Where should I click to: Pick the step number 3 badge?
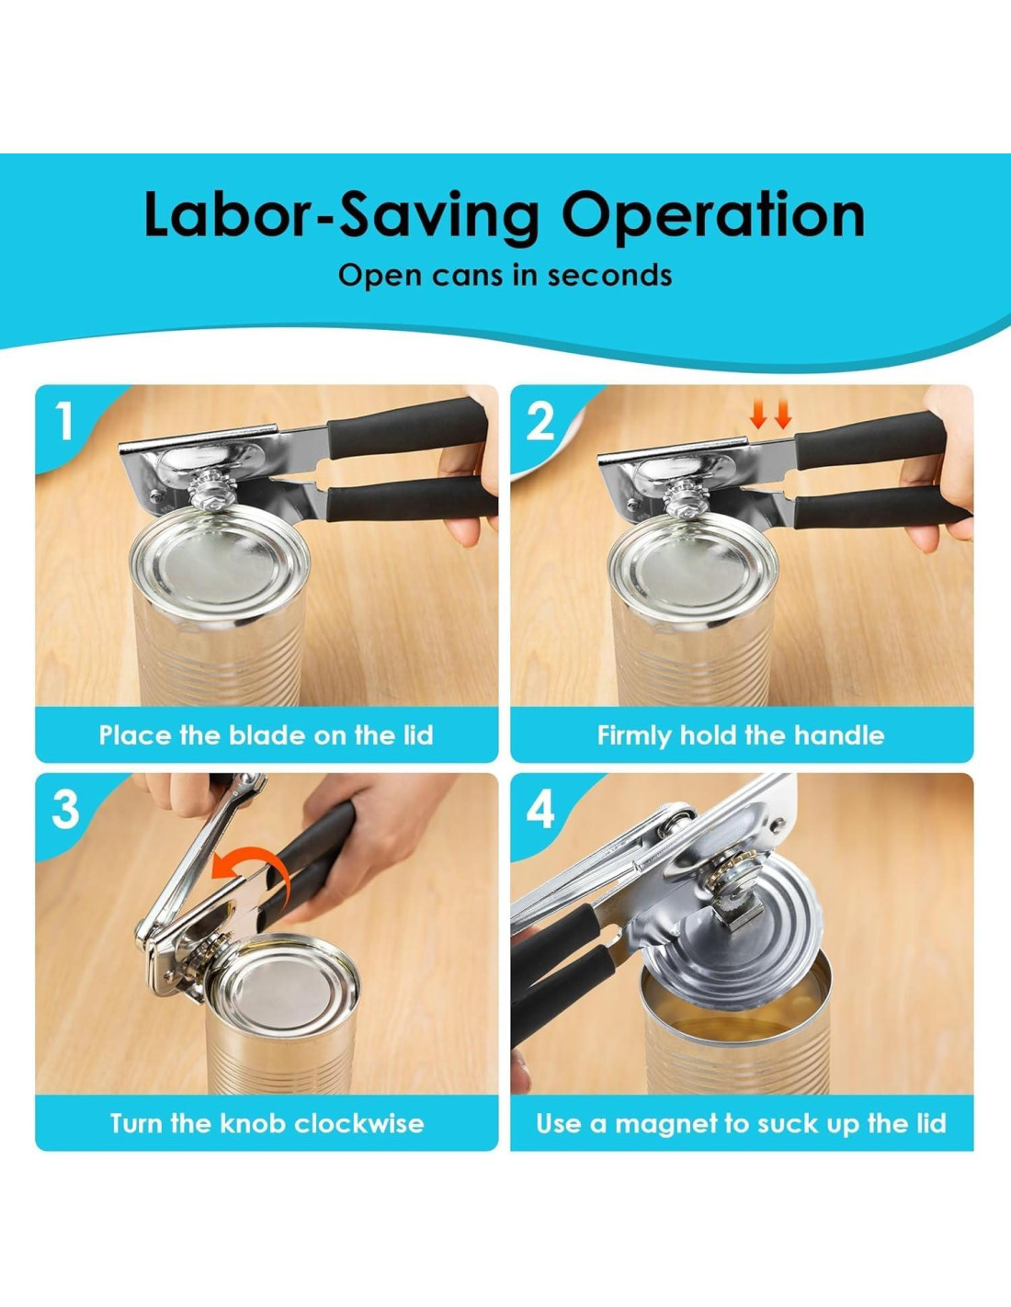click(x=65, y=809)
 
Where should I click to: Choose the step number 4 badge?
click(x=540, y=809)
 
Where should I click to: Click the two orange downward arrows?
click(x=770, y=415)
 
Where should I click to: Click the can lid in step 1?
click(x=221, y=562)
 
